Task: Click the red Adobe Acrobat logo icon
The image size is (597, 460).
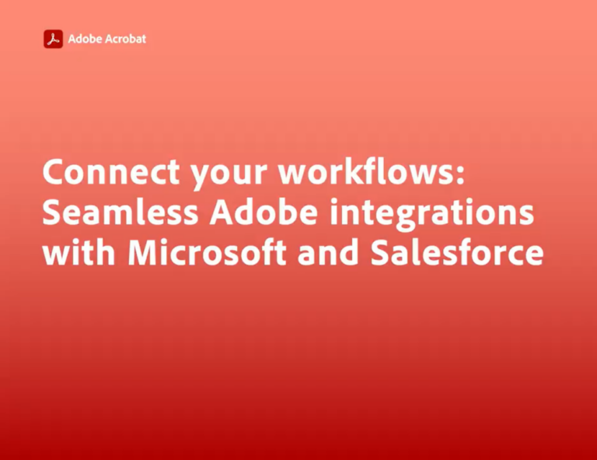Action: tap(54, 39)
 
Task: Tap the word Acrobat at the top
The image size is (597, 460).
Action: tap(125, 39)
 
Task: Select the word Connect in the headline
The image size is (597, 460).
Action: tap(111, 171)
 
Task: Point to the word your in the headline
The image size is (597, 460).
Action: tap(229, 174)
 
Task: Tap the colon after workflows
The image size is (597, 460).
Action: tap(460, 174)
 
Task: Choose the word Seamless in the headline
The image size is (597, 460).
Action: tap(120, 212)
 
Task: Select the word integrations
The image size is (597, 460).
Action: tap(431, 214)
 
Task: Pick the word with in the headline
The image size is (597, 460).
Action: tap(79, 251)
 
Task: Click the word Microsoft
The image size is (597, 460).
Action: tap(207, 251)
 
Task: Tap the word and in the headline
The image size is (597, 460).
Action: tap(328, 251)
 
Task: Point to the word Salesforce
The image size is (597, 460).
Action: tap(457, 251)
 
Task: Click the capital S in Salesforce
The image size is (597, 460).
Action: tap(381, 252)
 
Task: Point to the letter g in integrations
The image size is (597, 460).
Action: tap(407, 217)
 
